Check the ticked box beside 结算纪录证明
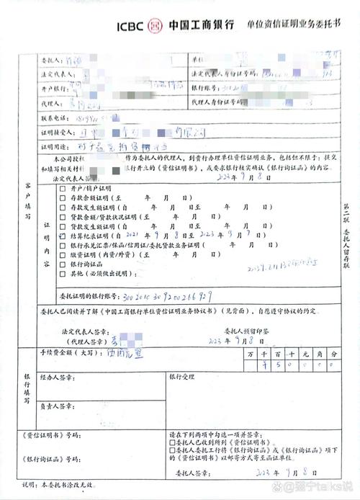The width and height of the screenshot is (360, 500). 63,235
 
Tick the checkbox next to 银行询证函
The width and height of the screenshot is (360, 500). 63,264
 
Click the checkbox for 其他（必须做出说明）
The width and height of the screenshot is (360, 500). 63,273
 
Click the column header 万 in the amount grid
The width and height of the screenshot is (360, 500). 249,354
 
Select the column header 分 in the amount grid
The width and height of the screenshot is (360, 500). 333,354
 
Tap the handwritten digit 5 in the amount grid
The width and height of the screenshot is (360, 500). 277,366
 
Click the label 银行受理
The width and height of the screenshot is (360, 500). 184,377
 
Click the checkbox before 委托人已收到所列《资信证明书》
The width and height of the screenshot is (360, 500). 171,445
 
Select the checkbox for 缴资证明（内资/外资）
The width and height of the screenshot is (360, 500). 63,254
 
